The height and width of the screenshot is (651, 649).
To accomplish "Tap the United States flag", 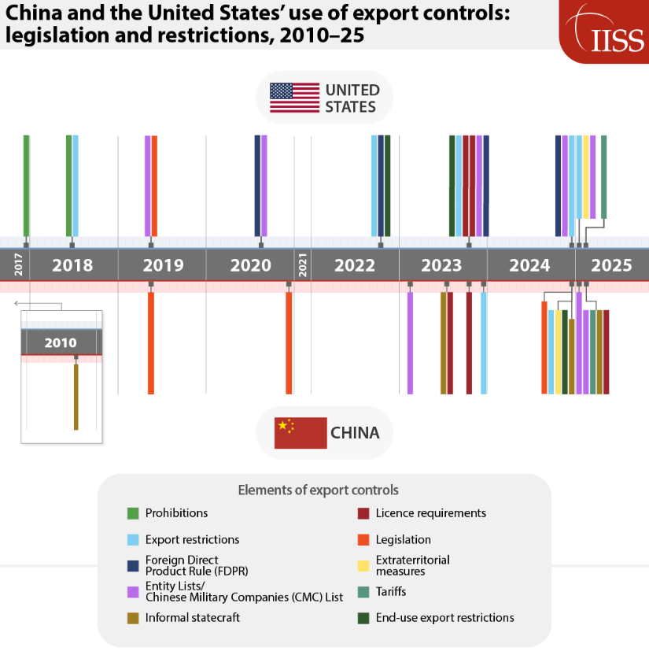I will [x=294, y=98].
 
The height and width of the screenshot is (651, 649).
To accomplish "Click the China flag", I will [x=300, y=433].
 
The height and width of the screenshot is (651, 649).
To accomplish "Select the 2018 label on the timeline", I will [x=72, y=265].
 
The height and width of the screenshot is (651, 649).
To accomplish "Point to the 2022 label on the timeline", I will [x=355, y=265].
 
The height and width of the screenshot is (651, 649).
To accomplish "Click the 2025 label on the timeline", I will [x=611, y=265].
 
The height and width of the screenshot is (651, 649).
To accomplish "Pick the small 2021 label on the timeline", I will [x=302, y=264].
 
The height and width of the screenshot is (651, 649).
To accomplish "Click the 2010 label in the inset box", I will [x=61, y=342].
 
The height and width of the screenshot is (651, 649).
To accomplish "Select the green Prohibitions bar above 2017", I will [x=26, y=185].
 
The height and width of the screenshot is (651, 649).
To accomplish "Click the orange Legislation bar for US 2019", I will [x=154, y=185].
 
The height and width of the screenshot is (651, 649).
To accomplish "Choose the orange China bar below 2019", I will [x=151, y=342].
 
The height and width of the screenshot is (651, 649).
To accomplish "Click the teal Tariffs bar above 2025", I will [x=603, y=176].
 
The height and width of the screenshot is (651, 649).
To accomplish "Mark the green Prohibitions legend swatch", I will [x=133, y=513].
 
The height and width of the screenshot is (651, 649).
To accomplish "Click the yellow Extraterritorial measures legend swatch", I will [x=363, y=566].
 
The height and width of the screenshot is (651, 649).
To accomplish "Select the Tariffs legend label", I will [x=391, y=591].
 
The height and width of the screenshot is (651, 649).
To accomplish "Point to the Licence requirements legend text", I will [x=430, y=513].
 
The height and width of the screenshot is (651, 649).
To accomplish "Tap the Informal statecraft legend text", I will [x=193, y=618].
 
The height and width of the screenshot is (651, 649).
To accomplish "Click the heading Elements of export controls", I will [x=318, y=490].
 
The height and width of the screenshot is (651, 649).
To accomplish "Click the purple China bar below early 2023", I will [x=410, y=342].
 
